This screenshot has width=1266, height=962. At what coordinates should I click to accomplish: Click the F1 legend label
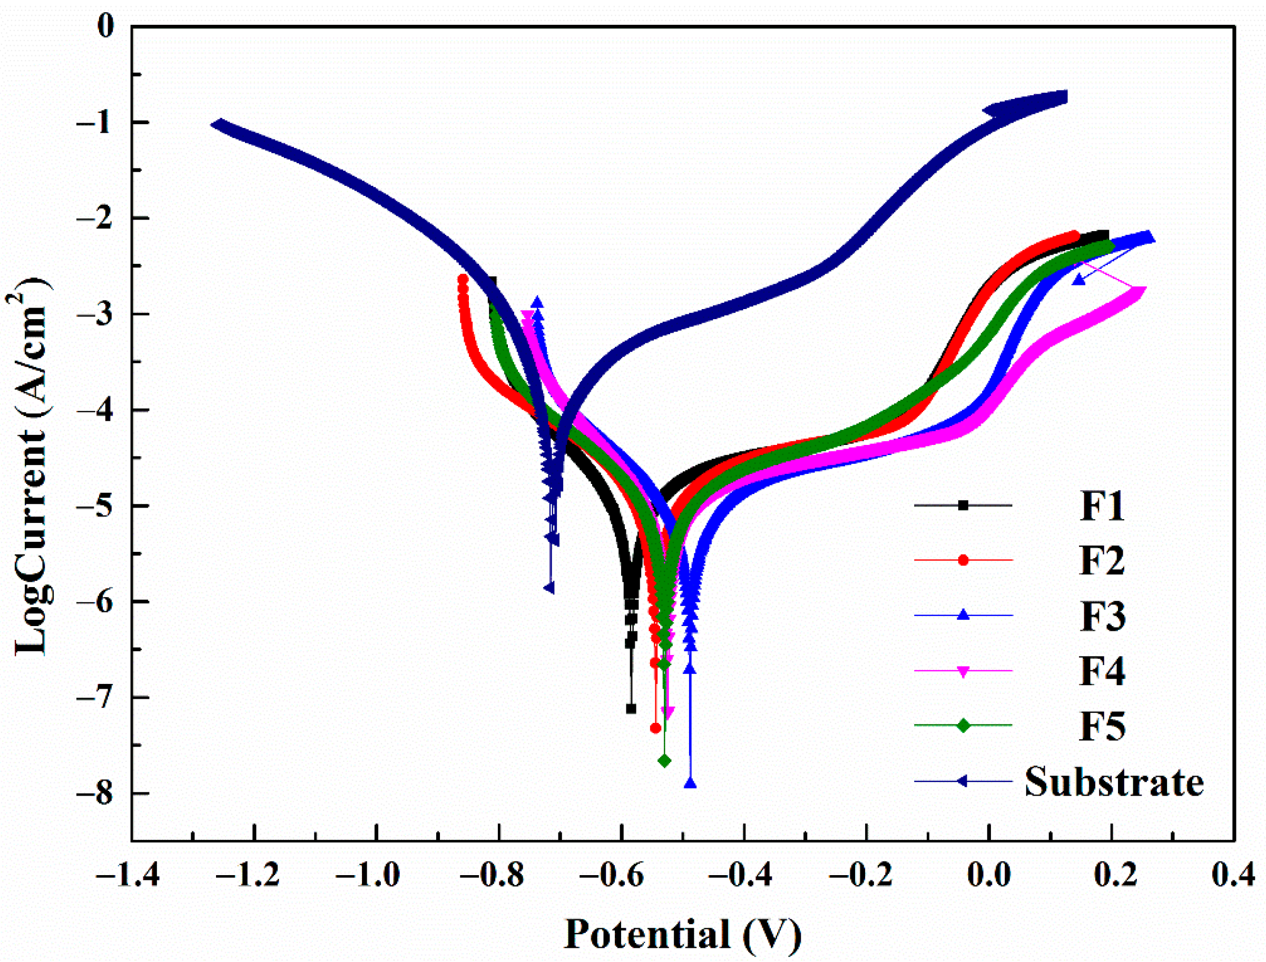click(x=1102, y=505)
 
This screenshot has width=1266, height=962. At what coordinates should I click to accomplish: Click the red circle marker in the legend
click(x=963, y=560)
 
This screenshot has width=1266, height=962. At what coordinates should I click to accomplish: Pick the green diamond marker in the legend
click(x=963, y=726)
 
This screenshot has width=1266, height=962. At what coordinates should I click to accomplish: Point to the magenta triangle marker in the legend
click(x=963, y=671)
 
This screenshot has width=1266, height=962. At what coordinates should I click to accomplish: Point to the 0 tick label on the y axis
click(x=105, y=26)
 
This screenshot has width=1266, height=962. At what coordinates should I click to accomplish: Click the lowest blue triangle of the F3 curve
click(x=690, y=783)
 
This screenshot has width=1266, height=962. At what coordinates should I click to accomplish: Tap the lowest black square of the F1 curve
click(x=631, y=708)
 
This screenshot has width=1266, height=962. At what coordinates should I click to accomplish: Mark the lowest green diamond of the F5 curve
click(x=664, y=760)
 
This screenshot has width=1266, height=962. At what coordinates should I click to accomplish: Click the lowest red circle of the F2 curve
click(x=655, y=728)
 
